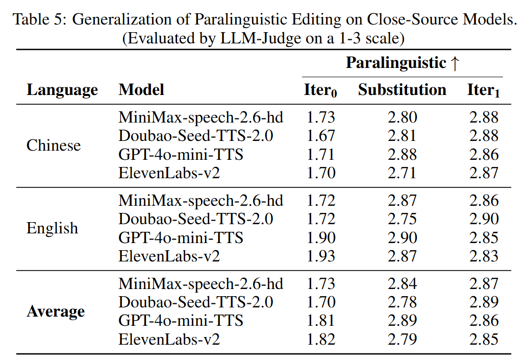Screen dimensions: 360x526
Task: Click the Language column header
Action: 62,90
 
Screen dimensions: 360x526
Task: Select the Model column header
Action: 141,90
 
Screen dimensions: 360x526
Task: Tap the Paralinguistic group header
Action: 403,63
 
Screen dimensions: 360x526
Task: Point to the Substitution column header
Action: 402,90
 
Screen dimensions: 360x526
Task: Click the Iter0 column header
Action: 320,91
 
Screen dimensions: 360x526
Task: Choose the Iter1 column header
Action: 484,91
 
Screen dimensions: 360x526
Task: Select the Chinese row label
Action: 54,146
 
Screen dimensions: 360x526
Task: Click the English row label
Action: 52,228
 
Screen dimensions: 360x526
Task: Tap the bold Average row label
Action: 56,311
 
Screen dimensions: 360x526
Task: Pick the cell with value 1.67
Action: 320,136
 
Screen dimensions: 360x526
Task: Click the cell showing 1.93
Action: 320,256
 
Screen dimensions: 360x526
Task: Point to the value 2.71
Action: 402,173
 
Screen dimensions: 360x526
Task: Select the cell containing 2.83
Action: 484,256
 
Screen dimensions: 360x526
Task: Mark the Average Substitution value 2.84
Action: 402,284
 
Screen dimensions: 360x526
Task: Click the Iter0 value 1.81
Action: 320,321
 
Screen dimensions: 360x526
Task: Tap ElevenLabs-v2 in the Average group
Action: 169,339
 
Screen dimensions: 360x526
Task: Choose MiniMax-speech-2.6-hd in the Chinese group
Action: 201,117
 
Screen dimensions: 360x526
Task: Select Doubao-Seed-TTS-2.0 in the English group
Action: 195,219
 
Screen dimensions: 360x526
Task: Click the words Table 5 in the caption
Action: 39,20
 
